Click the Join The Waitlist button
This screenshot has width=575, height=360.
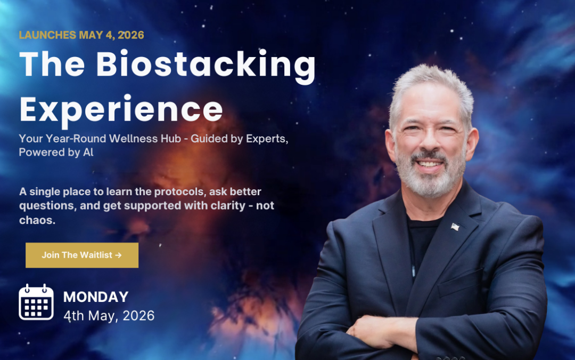(81, 255)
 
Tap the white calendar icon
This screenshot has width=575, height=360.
(36, 302)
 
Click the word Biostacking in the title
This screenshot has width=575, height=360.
(207, 66)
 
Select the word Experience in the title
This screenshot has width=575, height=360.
(121, 109)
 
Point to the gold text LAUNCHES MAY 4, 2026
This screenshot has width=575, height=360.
(81, 35)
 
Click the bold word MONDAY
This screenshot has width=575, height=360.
(96, 297)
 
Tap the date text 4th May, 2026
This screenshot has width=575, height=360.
(109, 316)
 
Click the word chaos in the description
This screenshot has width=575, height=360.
(37, 220)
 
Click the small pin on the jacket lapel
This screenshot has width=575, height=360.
(454, 227)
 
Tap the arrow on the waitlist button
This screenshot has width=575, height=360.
(118, 255)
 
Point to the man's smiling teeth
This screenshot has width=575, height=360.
(429, 164)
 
